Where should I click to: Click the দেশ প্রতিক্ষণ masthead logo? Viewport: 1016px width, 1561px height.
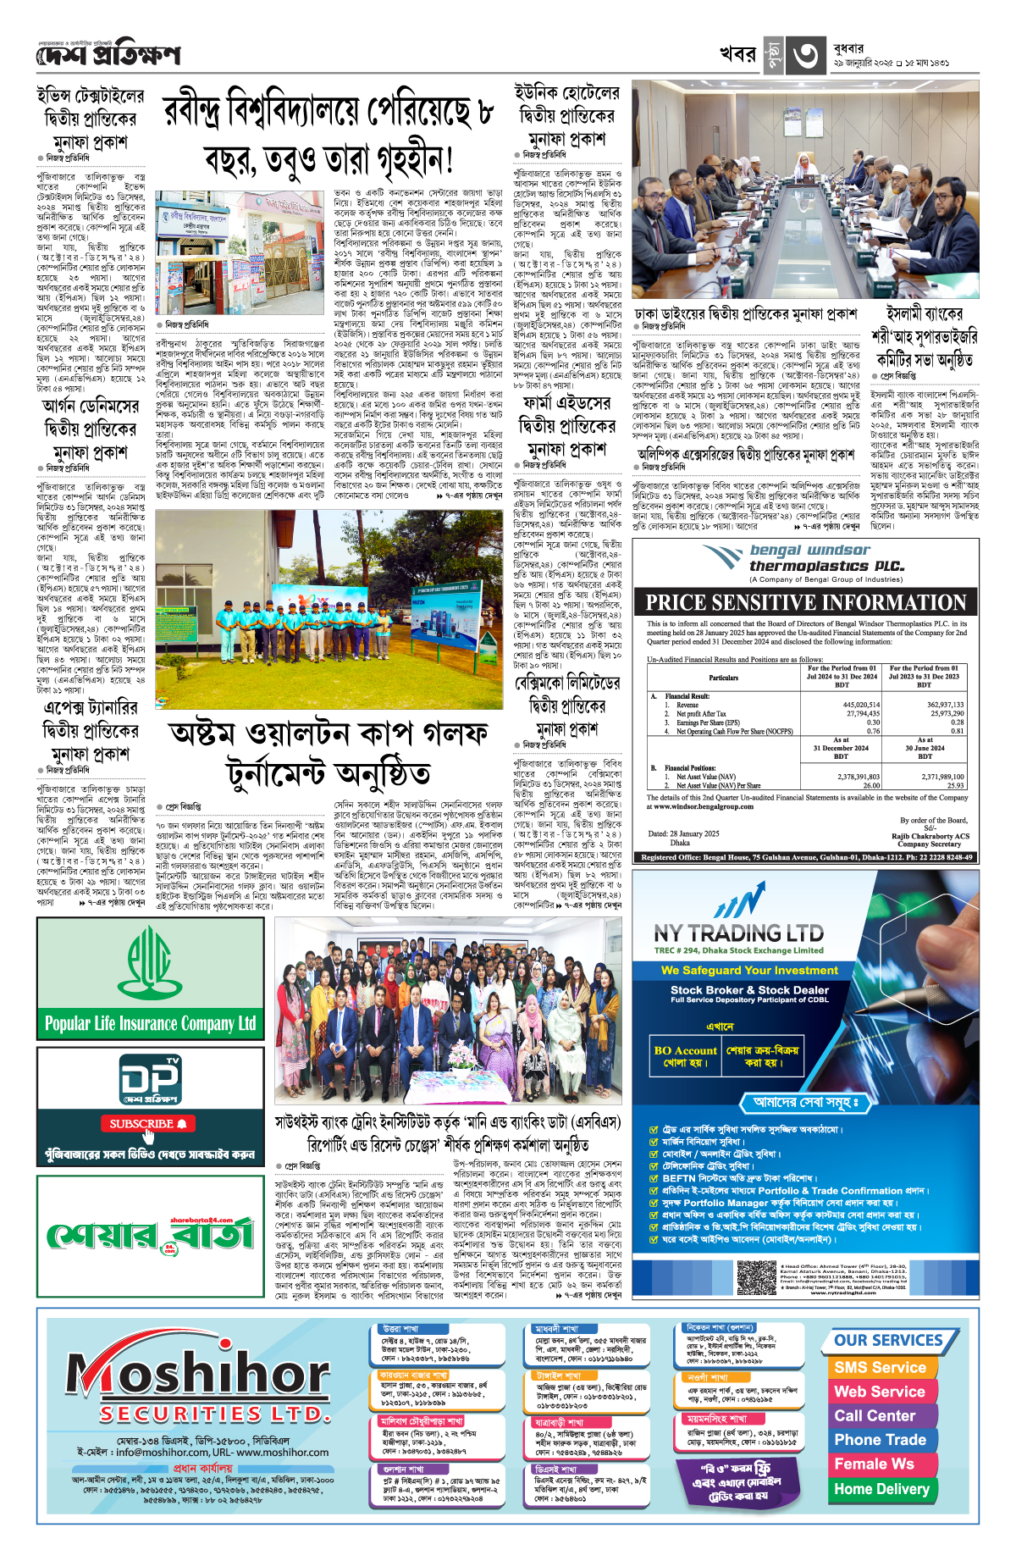(108, 56)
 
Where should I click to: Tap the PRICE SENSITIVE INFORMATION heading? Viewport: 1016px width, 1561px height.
(805, 602)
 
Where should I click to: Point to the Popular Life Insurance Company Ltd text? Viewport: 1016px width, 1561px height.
(150, 1023)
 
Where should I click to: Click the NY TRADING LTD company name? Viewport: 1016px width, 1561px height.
(738, 933)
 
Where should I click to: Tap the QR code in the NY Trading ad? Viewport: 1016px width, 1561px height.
(756, 1277)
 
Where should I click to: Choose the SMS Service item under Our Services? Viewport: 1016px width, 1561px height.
(880, 1367)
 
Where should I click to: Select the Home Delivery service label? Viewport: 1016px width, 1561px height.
(881, 1488)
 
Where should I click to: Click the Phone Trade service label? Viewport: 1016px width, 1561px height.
(880, 1440)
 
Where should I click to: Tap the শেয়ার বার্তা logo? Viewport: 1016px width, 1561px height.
(151, 1236)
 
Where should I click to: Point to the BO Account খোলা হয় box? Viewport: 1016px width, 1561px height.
(685, 1055)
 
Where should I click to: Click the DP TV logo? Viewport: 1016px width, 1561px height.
(151, 1080)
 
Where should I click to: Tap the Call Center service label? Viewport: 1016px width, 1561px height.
(875, 1415)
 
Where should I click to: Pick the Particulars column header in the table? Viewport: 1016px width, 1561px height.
(723, 678)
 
